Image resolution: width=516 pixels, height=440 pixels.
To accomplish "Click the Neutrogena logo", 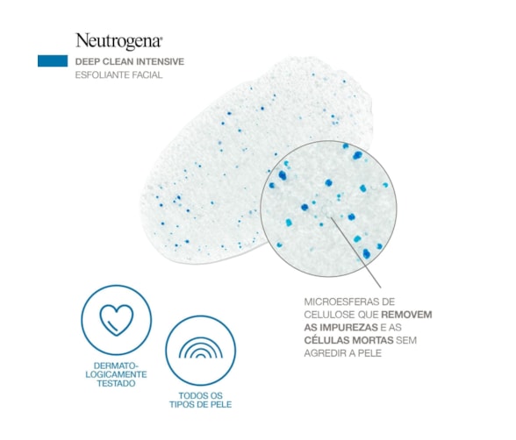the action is (119, 41).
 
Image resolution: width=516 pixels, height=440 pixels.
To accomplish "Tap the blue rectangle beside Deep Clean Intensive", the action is (53, 61).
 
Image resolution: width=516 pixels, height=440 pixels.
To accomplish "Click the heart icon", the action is (117, 319).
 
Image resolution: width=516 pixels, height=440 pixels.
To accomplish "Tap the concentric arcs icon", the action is (201, 347).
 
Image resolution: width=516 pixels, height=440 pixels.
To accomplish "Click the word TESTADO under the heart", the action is (116, 384).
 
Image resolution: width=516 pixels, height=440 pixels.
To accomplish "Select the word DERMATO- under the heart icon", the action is (116, 365).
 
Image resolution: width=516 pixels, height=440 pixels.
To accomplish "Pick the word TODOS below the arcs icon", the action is (192, 395).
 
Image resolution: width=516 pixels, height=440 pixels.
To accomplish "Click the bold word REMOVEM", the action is (406, 315).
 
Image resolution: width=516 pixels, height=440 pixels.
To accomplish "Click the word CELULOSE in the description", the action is (329, 315).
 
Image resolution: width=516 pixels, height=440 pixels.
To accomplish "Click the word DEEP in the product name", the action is (87, 61).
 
